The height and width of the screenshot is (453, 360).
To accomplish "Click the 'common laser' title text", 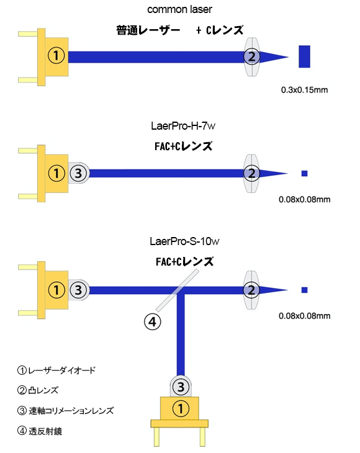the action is pos(179,9).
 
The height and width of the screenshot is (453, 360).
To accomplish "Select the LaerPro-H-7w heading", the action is pos(183,126).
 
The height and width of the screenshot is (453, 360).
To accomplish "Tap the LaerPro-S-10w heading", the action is pos(184,241).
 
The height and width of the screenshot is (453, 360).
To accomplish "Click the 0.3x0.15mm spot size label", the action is pos(304,90).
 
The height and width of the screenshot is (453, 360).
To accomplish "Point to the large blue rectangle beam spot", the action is pos(304,56).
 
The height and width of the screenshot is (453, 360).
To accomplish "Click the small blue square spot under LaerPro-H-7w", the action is pos(304,173).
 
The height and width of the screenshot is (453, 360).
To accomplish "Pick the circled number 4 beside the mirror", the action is pos(152,322).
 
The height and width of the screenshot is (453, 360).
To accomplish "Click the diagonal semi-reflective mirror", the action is pos(178,290).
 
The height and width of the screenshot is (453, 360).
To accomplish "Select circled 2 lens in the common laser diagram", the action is pos(251,56).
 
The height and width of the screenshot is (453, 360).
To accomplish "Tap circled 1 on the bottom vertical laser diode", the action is pos(181,408).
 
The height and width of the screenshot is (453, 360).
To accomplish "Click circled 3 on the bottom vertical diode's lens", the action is pos(181,387).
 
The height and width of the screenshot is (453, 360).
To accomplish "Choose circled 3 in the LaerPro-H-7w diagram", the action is pos(78,173).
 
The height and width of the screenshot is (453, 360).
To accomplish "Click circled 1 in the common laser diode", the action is pos(56,55).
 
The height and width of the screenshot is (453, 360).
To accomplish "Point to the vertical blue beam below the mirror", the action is pos(181,335).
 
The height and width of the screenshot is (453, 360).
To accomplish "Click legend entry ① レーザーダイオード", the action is pos(56,370).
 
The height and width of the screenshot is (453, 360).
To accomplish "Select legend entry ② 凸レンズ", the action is pos(38,390).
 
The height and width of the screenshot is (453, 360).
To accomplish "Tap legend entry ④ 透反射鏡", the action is pos(40,431).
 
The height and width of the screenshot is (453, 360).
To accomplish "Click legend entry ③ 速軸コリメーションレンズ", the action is pos(66,411).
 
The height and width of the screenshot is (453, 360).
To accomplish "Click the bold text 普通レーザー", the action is pos(148,30).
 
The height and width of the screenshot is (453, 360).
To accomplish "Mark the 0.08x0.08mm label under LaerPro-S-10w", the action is pos(305,316).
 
